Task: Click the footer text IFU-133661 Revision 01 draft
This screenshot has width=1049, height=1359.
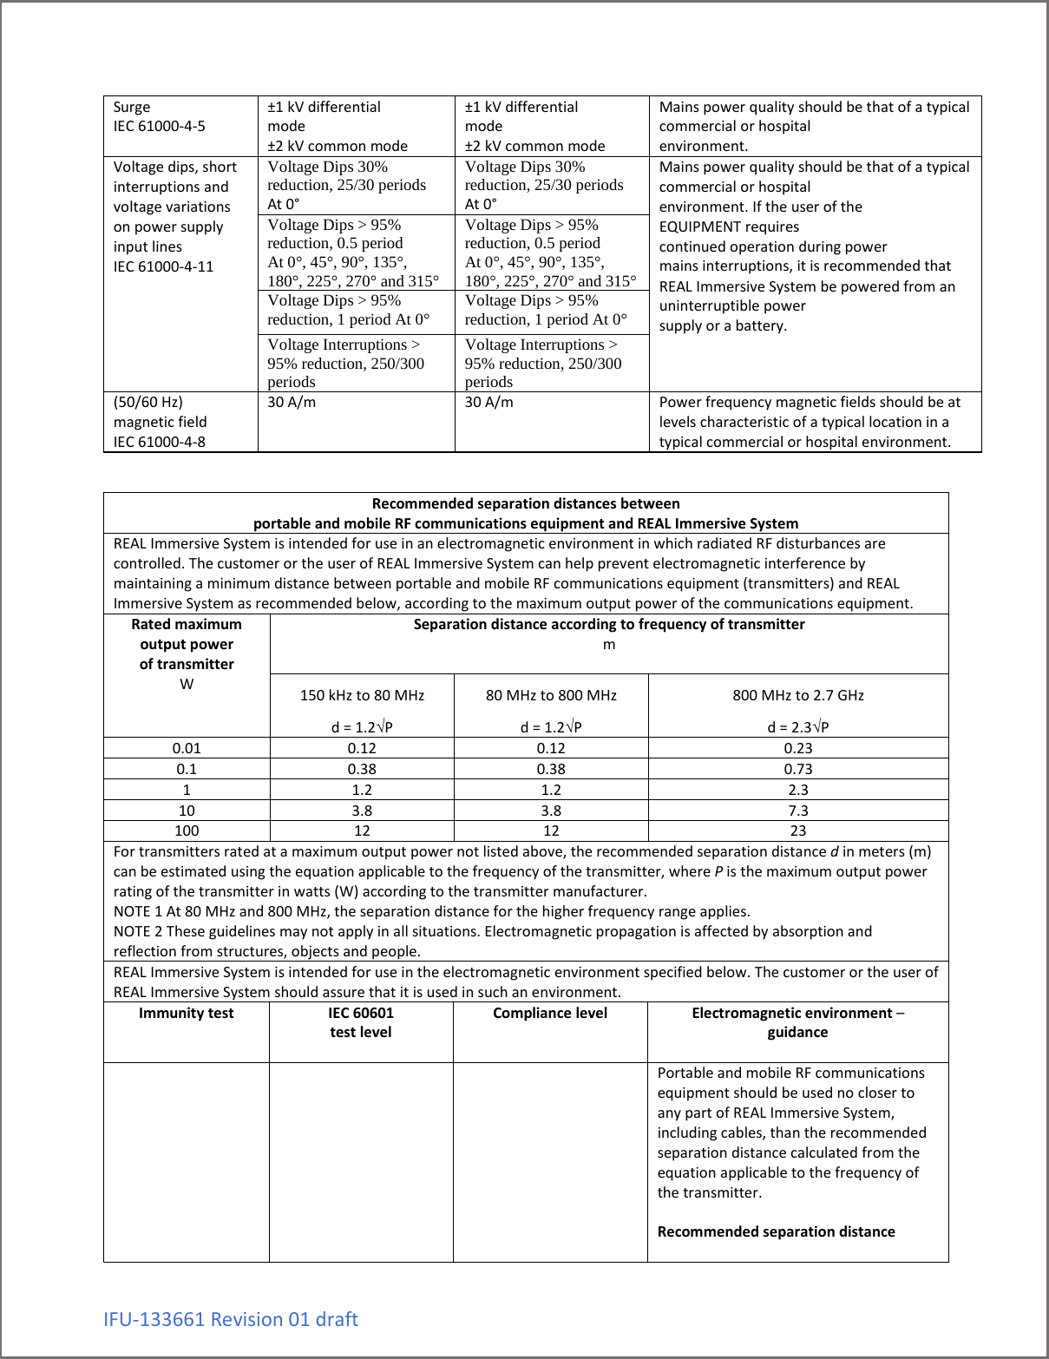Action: click(230, 1319)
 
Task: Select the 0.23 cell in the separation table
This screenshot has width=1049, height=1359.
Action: click(797, 748)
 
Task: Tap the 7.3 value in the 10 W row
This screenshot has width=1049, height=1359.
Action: click(797, 811)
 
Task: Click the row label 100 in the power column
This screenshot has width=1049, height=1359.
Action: click(187, 830)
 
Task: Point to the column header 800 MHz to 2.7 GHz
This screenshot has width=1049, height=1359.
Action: click(797, 695)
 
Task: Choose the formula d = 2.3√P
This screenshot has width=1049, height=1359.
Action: click(797, 727)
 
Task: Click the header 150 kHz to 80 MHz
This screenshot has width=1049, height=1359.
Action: click(362, 695)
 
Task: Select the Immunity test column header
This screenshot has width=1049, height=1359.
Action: click(187, 1013)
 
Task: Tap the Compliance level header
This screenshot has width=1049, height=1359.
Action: click(550, 1013)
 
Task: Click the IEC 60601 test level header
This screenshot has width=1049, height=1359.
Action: click(361, 1022)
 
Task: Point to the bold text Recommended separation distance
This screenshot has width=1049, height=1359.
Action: click(776, 1231)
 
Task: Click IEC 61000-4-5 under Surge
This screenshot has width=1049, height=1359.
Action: click(160, 126)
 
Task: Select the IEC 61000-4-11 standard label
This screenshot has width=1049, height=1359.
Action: click(163, 266)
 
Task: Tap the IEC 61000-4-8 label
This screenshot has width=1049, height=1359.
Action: click(160, 442)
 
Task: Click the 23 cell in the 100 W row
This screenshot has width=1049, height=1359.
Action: click(797, 830)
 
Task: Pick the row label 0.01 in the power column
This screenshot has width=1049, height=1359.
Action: click(187, 748)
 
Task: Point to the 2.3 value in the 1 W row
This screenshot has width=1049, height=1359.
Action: click(797, 790)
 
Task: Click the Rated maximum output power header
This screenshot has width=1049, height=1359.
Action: click(187, 644)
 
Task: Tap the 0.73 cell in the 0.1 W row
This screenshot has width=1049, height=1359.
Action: click(797, 769)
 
